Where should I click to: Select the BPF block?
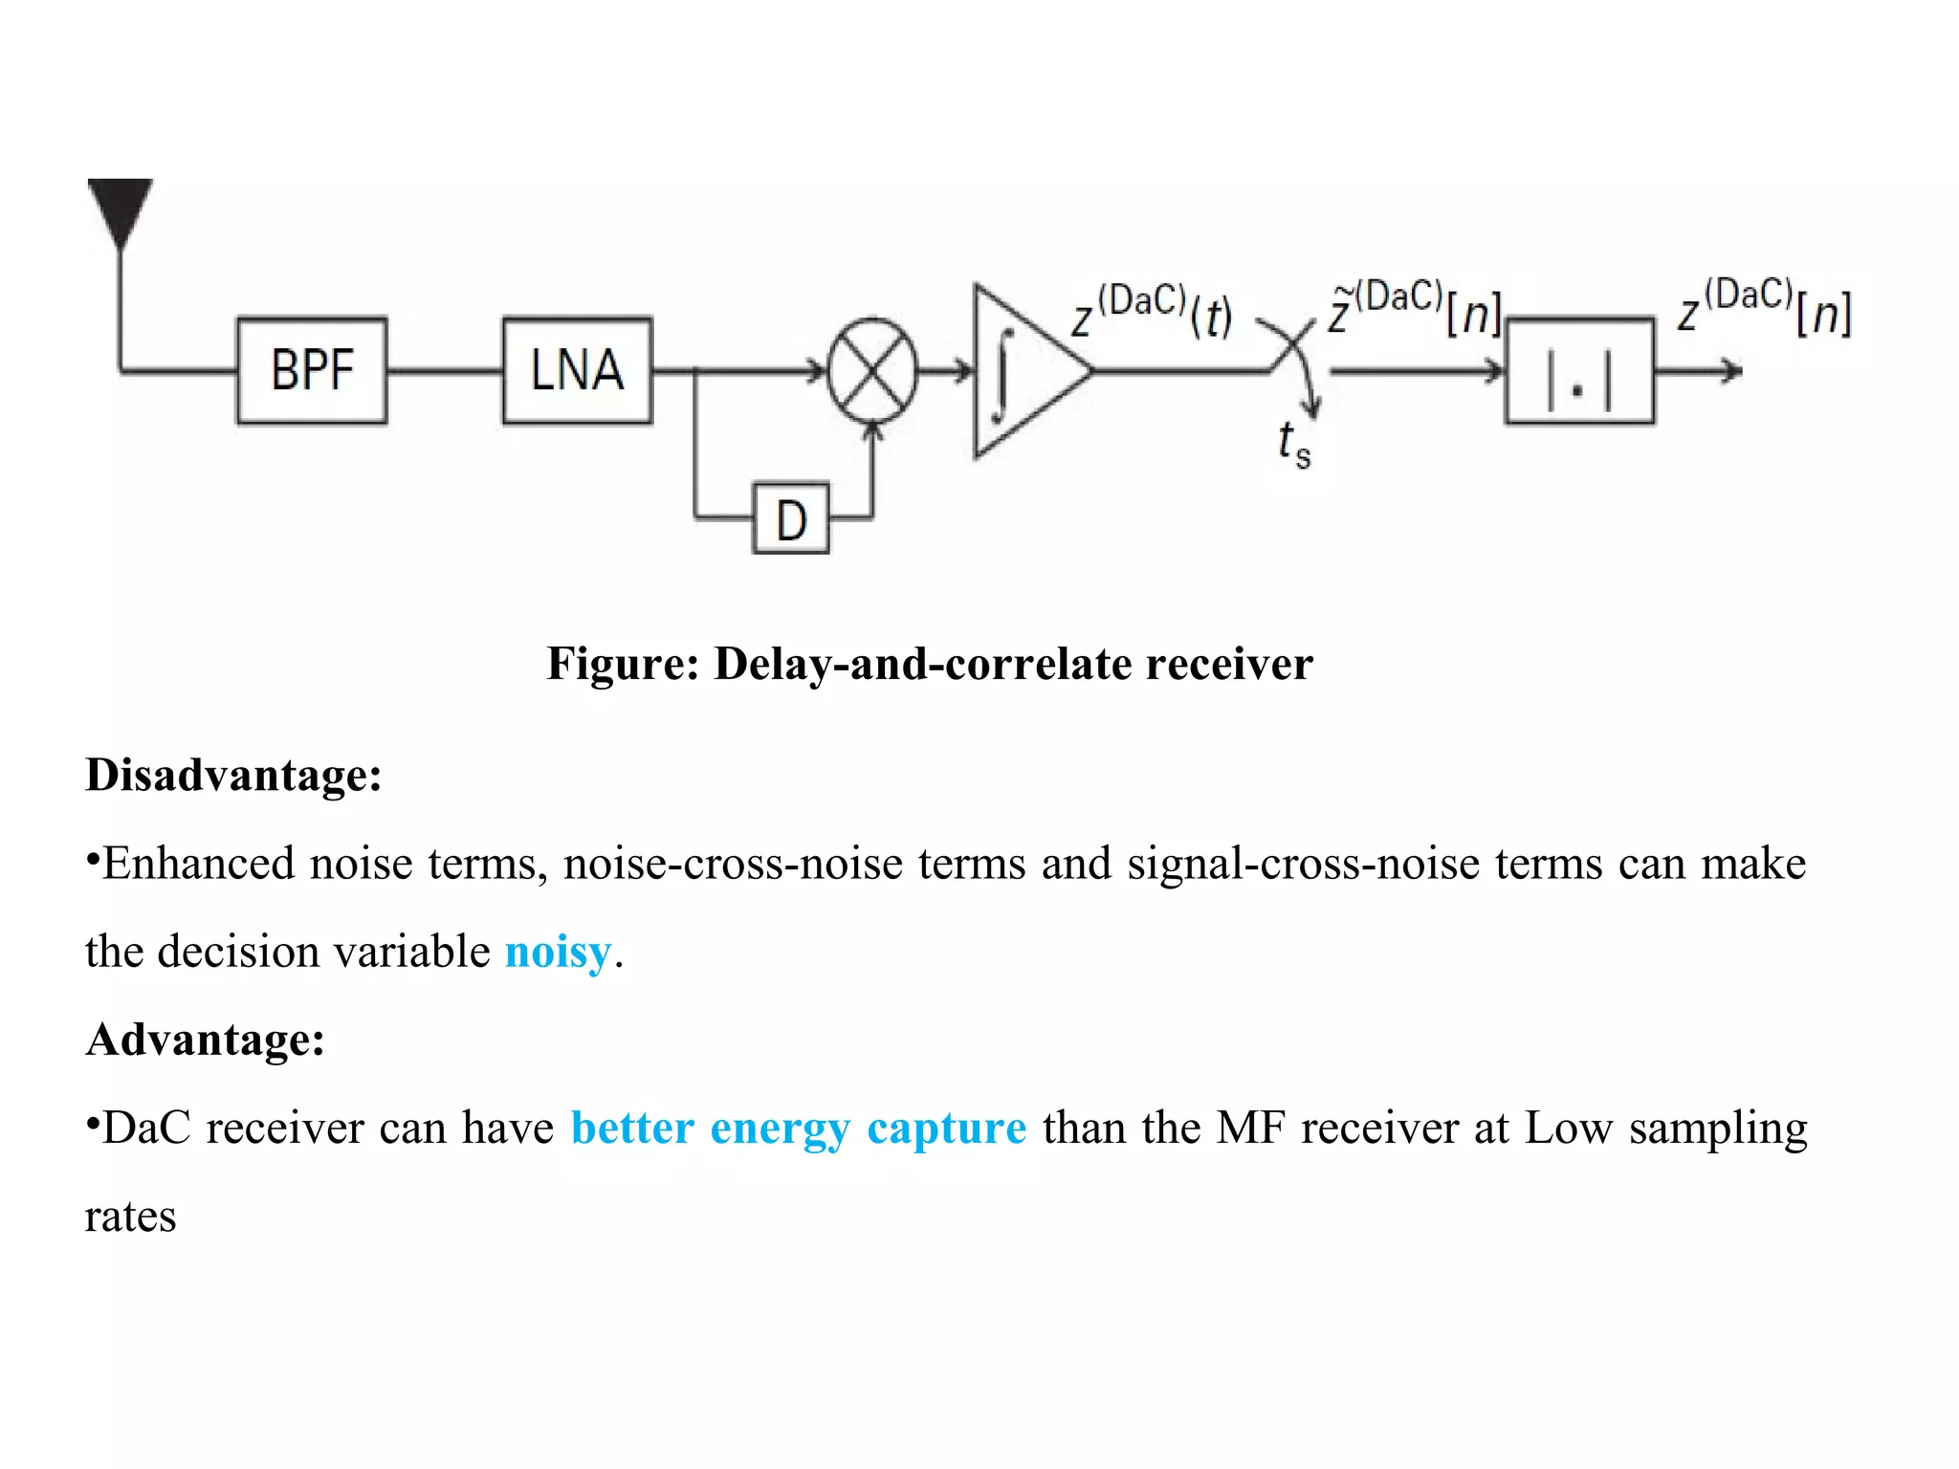[x=312, y=370]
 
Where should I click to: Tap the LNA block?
[x=577, y=370]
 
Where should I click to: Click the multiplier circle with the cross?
[x=871, y=370]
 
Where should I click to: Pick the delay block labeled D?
[x=790, y=519]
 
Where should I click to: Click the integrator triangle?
[x=1022, y=370]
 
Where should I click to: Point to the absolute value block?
[x=1578, y=370]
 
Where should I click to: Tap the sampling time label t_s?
[x=1293, y=444]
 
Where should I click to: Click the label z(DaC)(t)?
[x=1152, y=311]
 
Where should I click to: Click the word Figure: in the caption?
[x=623, y=663]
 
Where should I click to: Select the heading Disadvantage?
[x=233, y=774]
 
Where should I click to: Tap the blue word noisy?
[x=558, y=952]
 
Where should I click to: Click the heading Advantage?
[x=205, y=1039]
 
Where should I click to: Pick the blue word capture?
[x=946, y=1128]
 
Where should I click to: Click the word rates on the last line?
[x=130, y=1217]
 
